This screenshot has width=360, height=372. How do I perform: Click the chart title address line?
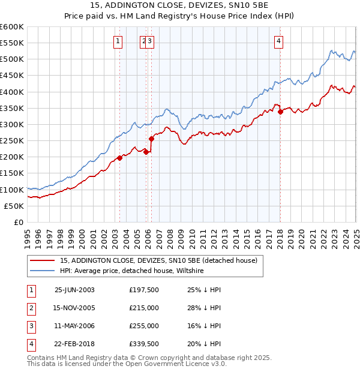point(180,5)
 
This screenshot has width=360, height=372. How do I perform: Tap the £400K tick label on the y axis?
point(12,92)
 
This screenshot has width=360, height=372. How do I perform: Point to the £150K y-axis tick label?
point(12,173)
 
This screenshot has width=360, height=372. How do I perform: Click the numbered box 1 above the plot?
point(117,41)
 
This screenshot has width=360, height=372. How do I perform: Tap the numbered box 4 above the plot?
point(280,41)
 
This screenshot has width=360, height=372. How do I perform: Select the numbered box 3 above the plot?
point(150,41)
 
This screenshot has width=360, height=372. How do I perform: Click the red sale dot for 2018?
point(280,112)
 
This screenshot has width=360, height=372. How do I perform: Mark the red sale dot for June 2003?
point(120,158)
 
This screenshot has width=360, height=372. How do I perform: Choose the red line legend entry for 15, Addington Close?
point(158,260)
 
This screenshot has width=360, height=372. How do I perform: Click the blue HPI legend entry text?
point(132,271)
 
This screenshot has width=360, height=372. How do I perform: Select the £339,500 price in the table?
point(144,344)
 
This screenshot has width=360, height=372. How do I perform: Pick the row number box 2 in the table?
point(31,308)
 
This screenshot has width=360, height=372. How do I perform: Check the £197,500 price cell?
point(144,289)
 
